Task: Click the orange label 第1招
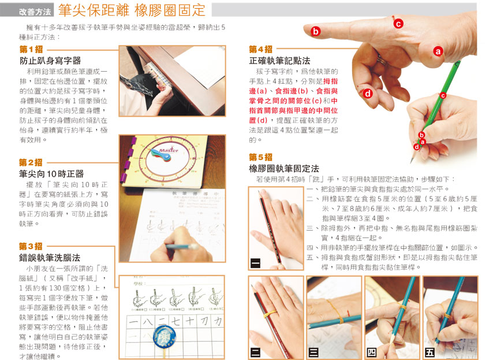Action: (31, 49)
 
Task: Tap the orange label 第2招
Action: (31, 162)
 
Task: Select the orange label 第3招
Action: (31, 246)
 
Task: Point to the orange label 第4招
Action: (261, 49)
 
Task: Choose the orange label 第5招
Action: (261, 157)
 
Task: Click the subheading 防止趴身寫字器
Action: (50, 61)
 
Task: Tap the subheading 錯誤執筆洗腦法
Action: (50, 258)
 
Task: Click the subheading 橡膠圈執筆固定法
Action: (284, 169)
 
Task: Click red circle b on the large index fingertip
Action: (316, 31)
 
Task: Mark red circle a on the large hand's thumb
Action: (438, 51)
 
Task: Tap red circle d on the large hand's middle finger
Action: (368, 93)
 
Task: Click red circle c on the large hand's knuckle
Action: (398, 24)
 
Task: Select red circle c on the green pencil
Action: (443, 95)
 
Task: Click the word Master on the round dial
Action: (169, 150)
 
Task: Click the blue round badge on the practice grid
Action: (164, 337)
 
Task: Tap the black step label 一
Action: (255, 263)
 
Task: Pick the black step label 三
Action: (313, 352)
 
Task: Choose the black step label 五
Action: (429, 352)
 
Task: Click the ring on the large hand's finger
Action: (382, 60)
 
